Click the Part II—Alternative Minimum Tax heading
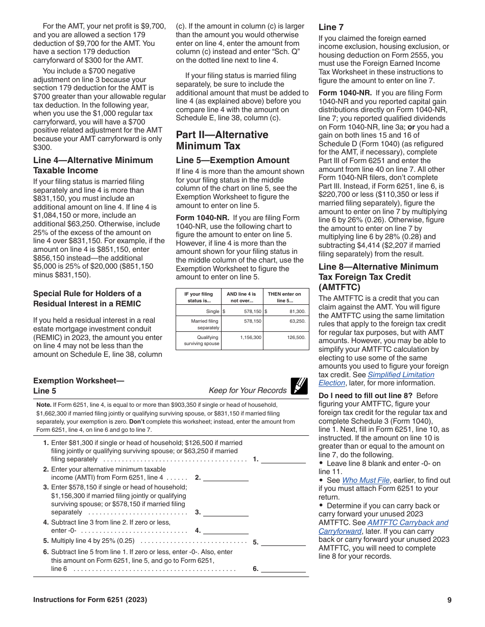[x=222, y=140]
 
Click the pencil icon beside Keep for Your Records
[x=299, y=386]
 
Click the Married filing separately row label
[x=205, y=324]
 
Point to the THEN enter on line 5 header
[x=284, y=297]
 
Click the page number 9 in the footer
[x=449, y=600]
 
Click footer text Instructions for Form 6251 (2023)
[x=90, y=600]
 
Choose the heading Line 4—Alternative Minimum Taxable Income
[x=93, y=165]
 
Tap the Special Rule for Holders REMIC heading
[x=87, y=298]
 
